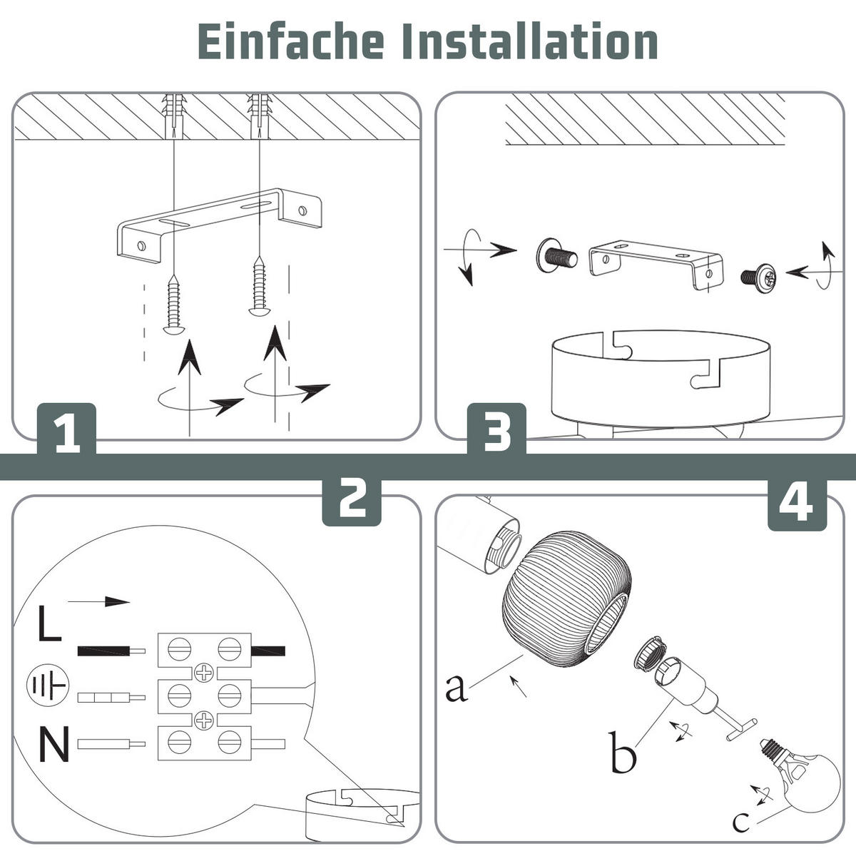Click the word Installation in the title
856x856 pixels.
tap(531, 41)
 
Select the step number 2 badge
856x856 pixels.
tap(352, 502)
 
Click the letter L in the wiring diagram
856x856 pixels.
tap(49, 623)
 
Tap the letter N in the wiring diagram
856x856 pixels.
tap(53, 744)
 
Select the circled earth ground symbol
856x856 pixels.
tap(48, 686)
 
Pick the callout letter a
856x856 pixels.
tap(457, 688)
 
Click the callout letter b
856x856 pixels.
tap(623, 752)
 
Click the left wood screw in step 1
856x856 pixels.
tap(173, 304)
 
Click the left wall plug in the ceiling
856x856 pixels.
tap(173, 116)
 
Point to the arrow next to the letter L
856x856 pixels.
tap(98, 602)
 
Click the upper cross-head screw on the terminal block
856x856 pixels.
tap(204, 673)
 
